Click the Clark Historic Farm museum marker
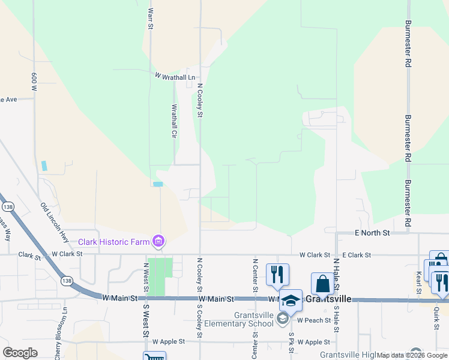point(159,242)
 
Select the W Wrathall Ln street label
point(175,77)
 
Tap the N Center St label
point(256,276)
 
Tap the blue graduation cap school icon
point(291,301)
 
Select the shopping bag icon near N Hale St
point(322,284)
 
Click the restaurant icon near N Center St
point(277,274)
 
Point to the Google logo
point(20,353)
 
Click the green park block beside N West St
point(160,277)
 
